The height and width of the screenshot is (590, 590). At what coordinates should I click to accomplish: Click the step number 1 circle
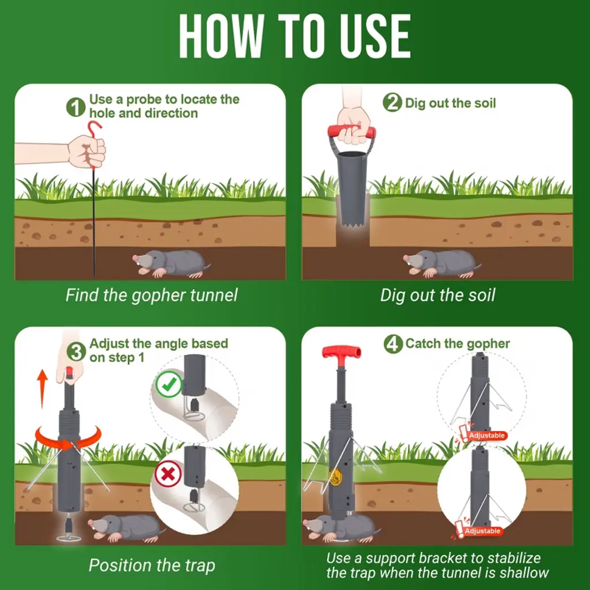pyautogui.click(x=75, y=107)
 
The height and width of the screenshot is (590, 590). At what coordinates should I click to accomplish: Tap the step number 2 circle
pyautogui.click(x=392, y=103)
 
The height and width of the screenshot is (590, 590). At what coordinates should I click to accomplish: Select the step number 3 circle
pyautogui.click(x=77, y=352)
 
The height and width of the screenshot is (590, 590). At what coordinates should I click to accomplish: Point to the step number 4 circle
pyautogui.click(x=393, y=343)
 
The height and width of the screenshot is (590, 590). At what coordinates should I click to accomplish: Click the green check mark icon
pyautogui.click(x=169, y=384)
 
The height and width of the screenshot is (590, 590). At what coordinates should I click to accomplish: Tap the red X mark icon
pyautogui.click(x=168, y=474)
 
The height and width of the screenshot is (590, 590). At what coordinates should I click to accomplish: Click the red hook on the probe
pyautogui.click(x=93, y=132)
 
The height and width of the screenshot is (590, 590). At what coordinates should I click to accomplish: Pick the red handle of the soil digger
pyautogui.click(x=351, y=131)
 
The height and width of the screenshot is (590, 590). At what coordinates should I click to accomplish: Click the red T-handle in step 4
pyautogui.click(x=341, y=354)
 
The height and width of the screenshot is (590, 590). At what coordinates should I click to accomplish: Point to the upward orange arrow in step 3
pyautogui.click(x=43, y=388)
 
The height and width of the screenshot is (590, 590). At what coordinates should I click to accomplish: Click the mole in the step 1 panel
pyautogui.click(x=172, y=263)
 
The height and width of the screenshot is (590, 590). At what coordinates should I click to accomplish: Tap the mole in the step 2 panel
pyautogui.click(x=442, y=263)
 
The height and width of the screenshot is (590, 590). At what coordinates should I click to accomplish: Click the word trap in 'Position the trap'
pyautogui.click(x=200, y=566)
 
